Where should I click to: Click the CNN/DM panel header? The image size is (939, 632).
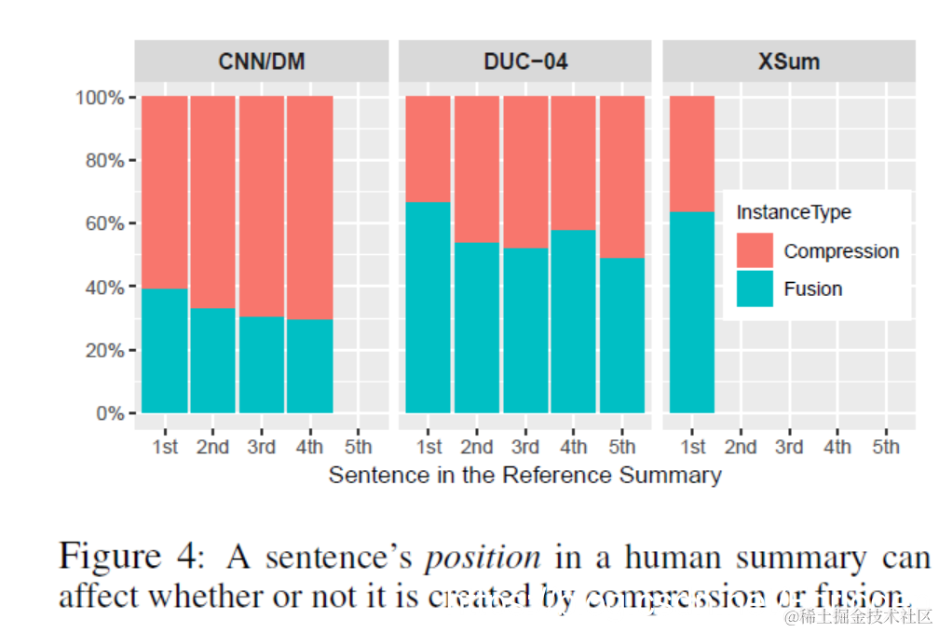pyautogui.click(x=262, y=62)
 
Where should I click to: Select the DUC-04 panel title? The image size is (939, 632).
pyautogui.click(x=525, y=62)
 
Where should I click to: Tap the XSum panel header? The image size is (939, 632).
pyautogui.click(x=788, y=62)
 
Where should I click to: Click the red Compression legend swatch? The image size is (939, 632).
pyautogui.click(x=755, y=251)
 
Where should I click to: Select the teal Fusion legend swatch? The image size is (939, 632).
pyautogui.click(x=755, y=289)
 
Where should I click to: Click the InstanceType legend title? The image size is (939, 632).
pyautogui.click(x=794, y=212)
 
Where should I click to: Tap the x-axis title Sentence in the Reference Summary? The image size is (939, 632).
pyautogui.click(x=524, y=476)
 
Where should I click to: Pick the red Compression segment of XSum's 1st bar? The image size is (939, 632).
pyautogui.click(x=692, y=154)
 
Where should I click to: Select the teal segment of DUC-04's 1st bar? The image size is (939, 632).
pyautogui.click(x=429, y=307)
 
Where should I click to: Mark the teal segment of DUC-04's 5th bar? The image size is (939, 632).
pyautogui.click(x=621, y=335)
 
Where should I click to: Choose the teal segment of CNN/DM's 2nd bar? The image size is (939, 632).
pyautogui.click(x=213, y=360)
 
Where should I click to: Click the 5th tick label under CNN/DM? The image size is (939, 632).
pyautogui.click(x=358, y=447)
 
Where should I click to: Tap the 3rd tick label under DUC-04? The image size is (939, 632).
pyautogui.click(x=525, y=447)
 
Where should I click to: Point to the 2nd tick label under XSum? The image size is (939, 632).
pyautogui.click(x=741, y=447)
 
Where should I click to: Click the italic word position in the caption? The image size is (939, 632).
pyautogui.click(x=482, y=558)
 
